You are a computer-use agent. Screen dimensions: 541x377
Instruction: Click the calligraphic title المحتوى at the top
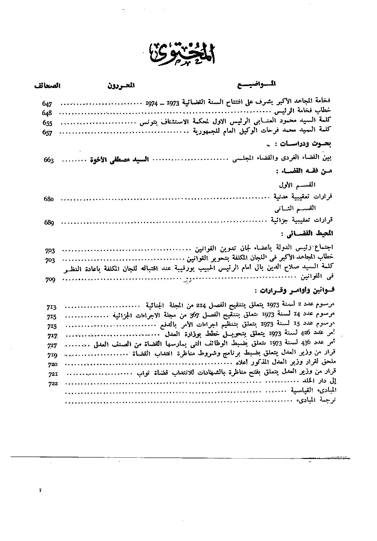pyautogui.click(x=182, y=54)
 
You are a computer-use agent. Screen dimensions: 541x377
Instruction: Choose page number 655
pyautogui.click(x=47, y=123)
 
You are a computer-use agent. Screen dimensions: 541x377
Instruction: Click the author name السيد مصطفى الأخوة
pyautogui.click(x=119, y=160)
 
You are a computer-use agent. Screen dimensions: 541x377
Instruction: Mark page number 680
pyautogui.click(x=49, y=199)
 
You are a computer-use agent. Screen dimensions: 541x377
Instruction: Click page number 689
pyautogui.click(x=49, y=223)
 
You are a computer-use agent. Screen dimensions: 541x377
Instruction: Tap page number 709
pyautogui.click(x=50, y=280)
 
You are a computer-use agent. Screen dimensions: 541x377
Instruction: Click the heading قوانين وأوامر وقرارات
pyautogui.click(x=294, y=291)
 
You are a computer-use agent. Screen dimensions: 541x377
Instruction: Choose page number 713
pyautogui.click(x=51, y=307)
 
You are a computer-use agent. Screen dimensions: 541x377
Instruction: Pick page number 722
pyautogui.click(x=53, y=384)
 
